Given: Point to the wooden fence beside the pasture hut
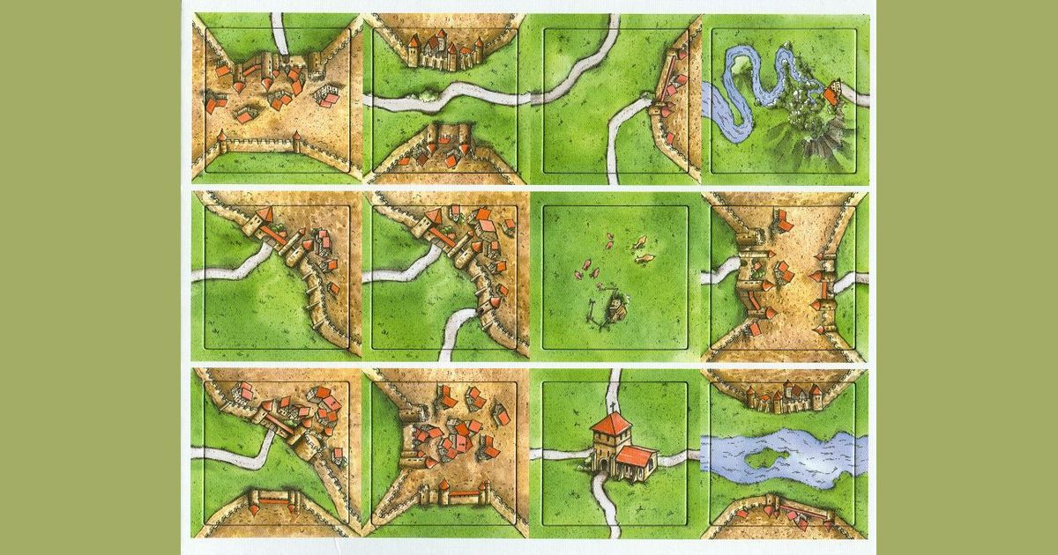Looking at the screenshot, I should [x=593, y=309].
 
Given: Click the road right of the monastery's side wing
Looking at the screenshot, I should [x=679, y=455].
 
